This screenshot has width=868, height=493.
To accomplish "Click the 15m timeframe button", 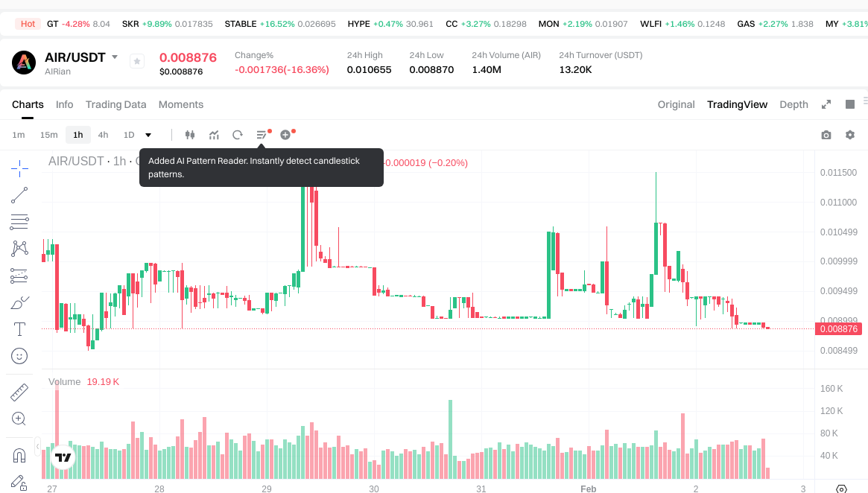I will point(48,135).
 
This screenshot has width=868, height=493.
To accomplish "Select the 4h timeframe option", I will point(103,135).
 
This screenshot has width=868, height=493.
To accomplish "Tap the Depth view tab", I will point(793,104).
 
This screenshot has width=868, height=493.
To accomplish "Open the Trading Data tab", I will point(115,104).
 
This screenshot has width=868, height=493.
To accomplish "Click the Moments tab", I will point(181,104).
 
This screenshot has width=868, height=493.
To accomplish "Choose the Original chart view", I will point(676,104).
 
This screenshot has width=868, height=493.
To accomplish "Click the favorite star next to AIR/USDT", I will point(137,61).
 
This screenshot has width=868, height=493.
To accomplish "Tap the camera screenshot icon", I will point(826,135).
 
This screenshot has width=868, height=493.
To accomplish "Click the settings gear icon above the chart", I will point(850,135).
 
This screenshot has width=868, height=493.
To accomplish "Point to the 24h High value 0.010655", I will point(369,70).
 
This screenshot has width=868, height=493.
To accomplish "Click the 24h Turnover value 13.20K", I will point(575,70).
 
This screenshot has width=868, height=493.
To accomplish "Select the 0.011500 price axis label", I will point(838,173).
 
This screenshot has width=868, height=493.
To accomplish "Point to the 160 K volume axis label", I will point(831,389).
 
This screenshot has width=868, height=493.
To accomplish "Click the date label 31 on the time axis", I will point(481,489).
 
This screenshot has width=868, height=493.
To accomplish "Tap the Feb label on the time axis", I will point(589,489).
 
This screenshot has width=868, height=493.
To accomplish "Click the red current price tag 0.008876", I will point(838,328).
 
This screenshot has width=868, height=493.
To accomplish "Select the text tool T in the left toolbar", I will point(20,328).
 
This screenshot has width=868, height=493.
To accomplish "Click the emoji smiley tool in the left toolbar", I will point(20,356).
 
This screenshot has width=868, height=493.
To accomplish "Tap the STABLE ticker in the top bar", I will point(241,24).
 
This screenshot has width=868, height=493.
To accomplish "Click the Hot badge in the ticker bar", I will point(28,24).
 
